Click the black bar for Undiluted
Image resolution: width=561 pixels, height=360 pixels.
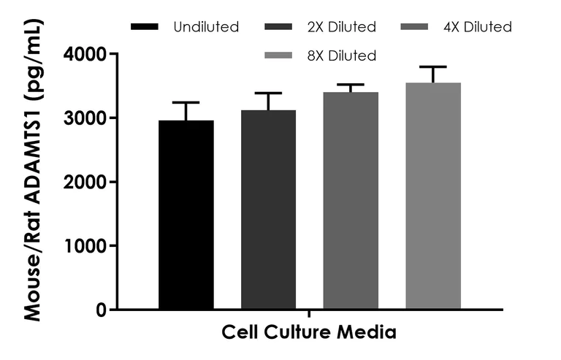point(186,215)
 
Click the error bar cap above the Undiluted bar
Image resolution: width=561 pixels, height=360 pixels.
point(186,102)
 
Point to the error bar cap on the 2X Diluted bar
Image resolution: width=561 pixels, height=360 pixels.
point(268,93)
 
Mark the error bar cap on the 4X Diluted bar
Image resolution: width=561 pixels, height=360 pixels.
point(351,85)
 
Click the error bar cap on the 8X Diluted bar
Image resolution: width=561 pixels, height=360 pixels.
point(433,67)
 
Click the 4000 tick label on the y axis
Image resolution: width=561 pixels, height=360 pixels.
point(85,54)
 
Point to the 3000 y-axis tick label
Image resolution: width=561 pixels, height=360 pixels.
point(85,118)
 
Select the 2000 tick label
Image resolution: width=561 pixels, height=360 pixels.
point(85,182)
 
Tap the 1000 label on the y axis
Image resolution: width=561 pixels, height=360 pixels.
point(85,246)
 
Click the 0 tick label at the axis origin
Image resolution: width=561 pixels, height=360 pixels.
point(100,310)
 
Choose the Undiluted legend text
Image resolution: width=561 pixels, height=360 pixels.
point(206,28)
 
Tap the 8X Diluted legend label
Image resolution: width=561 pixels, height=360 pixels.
point(342,55)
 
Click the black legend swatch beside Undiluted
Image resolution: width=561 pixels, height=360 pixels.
point(145,28)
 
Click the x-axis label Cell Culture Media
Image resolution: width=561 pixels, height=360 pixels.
point(309,333)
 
